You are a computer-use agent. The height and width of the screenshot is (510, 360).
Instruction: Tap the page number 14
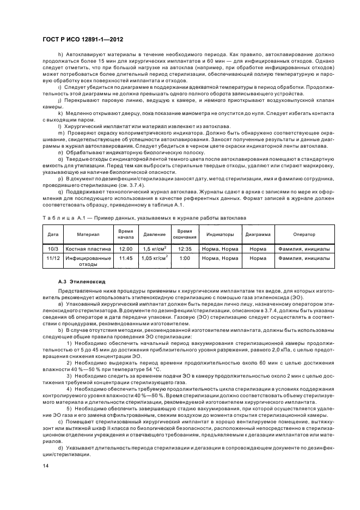tap(45, 466)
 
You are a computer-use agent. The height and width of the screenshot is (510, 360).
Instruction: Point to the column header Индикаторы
tap(220, 234)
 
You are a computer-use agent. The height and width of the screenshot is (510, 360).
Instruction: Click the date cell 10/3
tap(53, 248)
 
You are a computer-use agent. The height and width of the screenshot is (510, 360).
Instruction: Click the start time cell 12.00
tap(126, 248)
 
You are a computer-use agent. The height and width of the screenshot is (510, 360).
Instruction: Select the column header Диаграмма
tap(258, 234)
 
